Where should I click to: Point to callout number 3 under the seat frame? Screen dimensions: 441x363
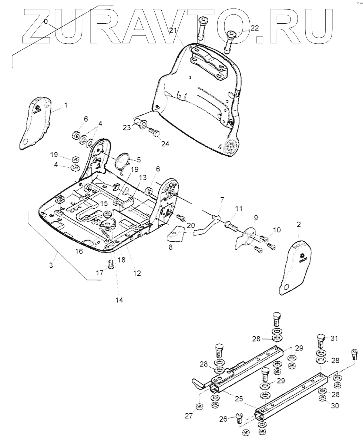(x=51, y=266)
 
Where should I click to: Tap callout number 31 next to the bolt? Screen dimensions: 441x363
(x=334, y=338)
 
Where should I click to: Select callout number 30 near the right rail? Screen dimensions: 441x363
(x=335, y=406)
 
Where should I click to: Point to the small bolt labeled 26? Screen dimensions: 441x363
(x=239, y=419)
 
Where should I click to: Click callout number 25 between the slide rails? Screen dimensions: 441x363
(x=238, y=399)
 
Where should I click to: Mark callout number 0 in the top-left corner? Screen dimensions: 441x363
(x=46, y=22)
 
